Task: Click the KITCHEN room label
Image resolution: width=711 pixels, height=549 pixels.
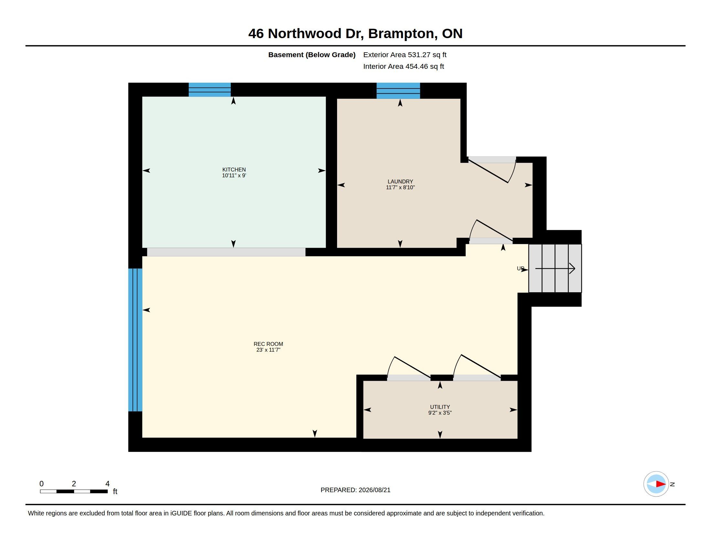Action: click(x=234, y=170)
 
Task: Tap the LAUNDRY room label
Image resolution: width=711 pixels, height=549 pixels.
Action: click(x=400, y=181)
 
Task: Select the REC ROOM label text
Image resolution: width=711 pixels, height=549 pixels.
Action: click(x=268, y=344)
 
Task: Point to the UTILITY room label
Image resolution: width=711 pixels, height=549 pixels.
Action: click(x=440, y=407)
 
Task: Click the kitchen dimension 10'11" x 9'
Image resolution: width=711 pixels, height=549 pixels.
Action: click(x=234, y=176)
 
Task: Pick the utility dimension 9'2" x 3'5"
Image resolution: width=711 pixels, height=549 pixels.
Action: click(x=440, y=413)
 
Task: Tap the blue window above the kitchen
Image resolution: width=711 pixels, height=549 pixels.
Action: click(x=210, y=90)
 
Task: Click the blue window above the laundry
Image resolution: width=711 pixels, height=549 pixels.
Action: click(x=398, y=91)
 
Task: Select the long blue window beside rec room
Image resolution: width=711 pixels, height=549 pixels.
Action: click(x=135, y=340)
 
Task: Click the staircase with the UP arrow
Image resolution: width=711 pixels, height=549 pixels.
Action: click(x=555, y=268)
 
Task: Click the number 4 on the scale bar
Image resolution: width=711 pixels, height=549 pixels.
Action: click(x=107, y=484)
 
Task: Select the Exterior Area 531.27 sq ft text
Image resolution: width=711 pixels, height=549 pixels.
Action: click(x=405, y=55)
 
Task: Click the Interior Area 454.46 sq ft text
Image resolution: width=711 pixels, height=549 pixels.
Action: click(x=403, y=66)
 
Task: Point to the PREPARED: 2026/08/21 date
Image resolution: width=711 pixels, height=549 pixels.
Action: click(x=355, y=490)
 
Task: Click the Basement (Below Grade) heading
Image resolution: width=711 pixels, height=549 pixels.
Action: click(x=312, y=55)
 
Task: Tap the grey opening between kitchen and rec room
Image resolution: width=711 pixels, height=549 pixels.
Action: click(x=226, y=252)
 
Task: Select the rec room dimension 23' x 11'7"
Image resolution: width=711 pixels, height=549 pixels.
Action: click(x=268, y=350)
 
